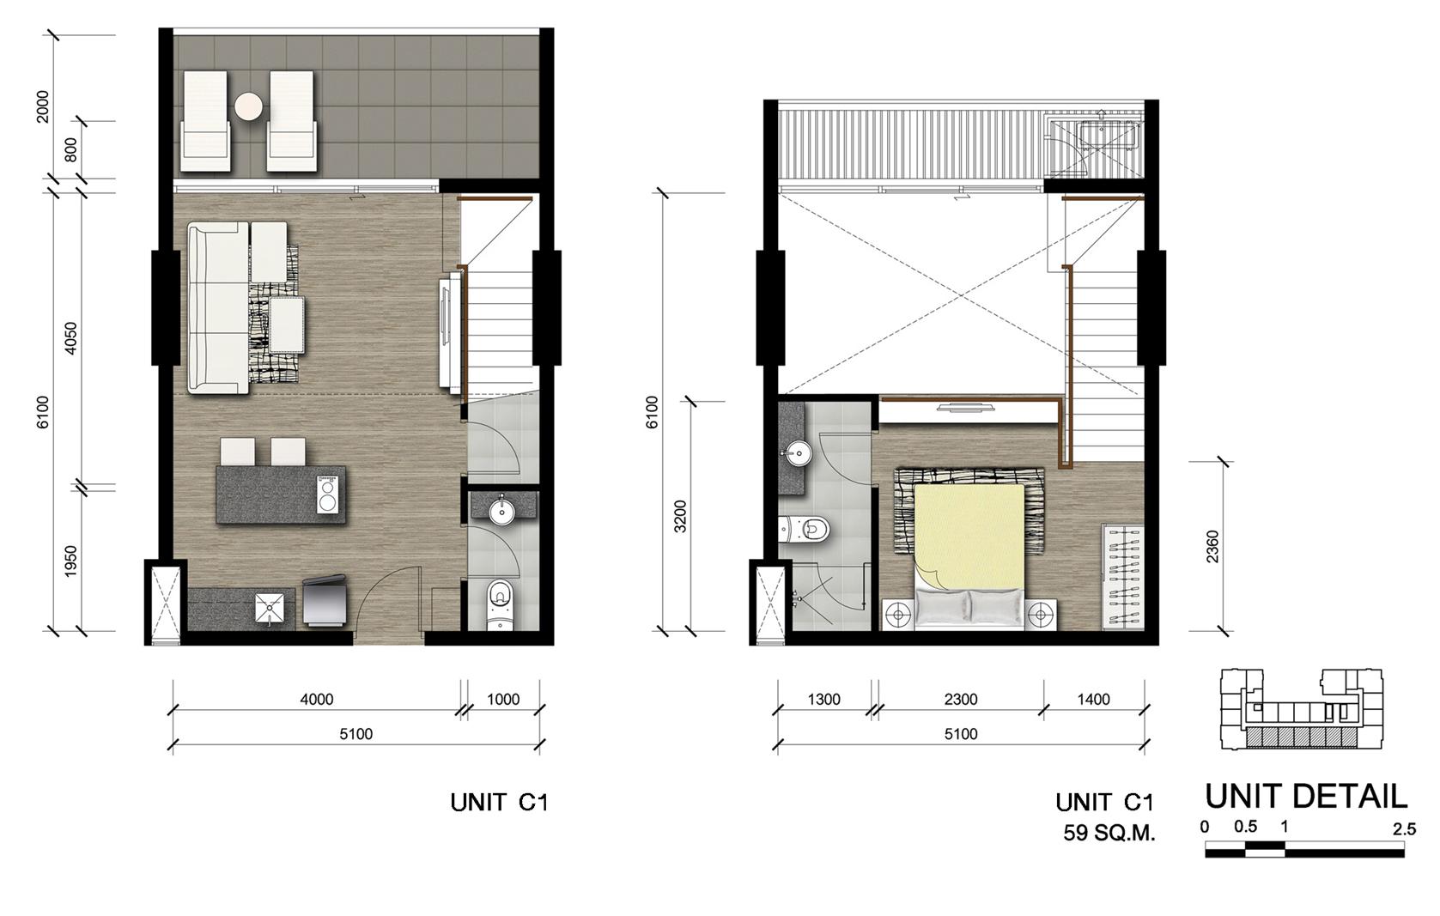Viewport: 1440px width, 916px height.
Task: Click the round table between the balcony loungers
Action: (x=248, y=106)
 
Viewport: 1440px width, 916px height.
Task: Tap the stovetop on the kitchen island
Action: (x=327, y=494)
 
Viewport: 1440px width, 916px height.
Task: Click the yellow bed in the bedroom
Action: (x=969, y=537)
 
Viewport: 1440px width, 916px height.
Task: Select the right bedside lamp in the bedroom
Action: (x=1041, y=615)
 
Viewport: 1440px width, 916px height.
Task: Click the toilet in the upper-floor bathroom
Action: (x=808, y=530)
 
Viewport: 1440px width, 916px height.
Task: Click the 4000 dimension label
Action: (x=317, y=700)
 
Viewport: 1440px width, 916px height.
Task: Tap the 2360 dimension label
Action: (x=1212, y=546)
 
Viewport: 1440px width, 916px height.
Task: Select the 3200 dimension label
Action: (x=680, y=516)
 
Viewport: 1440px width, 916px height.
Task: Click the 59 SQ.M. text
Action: (x=1109, y=833)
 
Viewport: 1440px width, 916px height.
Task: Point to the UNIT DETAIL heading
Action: (x=1305, y=797)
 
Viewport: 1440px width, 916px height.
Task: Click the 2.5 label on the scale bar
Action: (x=1404, y=829)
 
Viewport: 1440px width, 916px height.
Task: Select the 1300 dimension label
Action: (x=823, y=700)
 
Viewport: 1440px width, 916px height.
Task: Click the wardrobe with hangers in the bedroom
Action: (x=1122, y=575)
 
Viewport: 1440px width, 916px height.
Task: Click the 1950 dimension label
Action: (x=70, y=561)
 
